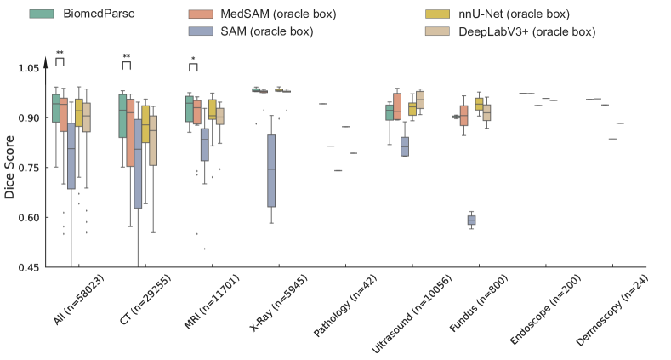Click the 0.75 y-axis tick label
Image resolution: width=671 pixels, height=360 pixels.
(x=27, y=168)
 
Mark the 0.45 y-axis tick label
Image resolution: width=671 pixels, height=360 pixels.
(x=27, y=268)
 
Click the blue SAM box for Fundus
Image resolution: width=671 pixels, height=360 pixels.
(x=471, y=220)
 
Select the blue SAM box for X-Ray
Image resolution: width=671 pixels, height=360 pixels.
(x=271, y=170)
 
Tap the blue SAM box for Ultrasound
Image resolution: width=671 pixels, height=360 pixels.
(x=405, y=146)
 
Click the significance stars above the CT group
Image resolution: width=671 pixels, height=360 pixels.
(x=127, y=57)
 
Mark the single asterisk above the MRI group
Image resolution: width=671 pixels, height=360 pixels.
(x=194, y=58)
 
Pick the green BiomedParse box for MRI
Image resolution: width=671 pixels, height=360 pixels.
(x=189, y=108)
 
